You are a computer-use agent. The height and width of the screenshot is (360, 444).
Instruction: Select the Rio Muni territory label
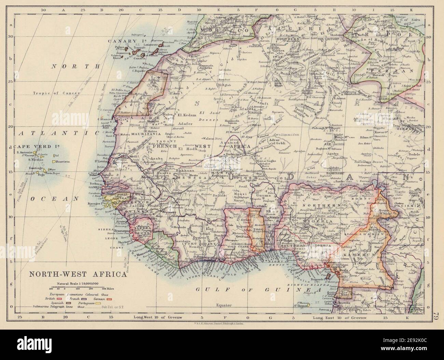[x=344, y=293]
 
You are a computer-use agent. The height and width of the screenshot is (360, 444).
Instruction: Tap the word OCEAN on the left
[x=60, y=198]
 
